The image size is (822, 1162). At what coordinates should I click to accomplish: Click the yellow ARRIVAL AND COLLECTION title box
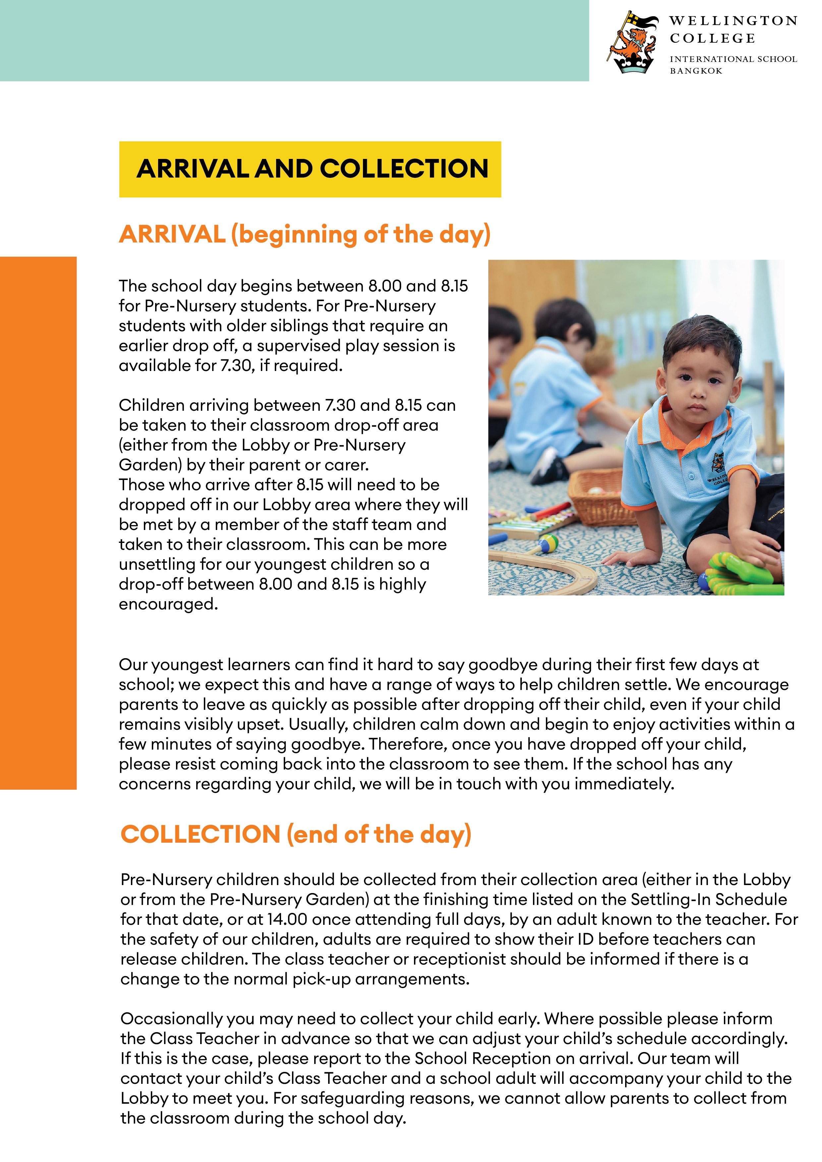[310, 169]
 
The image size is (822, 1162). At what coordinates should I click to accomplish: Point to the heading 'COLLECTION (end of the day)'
[296, 834]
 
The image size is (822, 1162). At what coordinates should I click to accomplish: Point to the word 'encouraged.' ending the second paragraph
[168, 604]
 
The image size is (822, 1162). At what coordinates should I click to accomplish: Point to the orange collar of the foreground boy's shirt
[664, 420]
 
